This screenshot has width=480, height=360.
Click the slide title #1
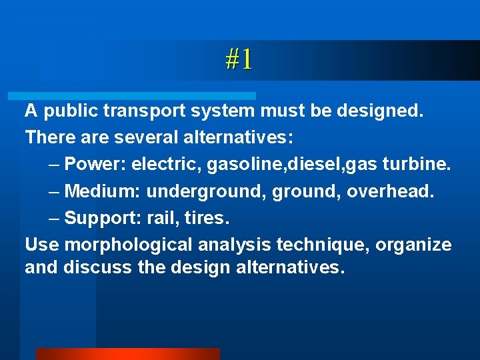[239, 60]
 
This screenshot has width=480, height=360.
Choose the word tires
[208, 219]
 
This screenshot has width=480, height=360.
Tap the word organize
[413, 245]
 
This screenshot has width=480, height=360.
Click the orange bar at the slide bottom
[127, 354]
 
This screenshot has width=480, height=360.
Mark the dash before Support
[55, 219]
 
